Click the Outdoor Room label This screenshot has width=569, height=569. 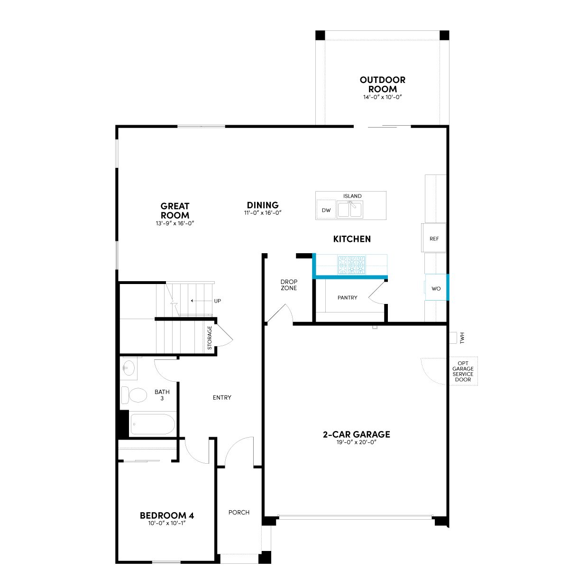coord(382,84)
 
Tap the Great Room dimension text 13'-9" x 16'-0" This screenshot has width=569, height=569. coord(175,223)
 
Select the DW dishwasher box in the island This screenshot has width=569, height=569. coord(326,210)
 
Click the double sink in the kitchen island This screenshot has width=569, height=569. coord(350,210)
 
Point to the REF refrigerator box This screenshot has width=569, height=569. coord(433,238)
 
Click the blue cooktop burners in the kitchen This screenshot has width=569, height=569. coord(351,265)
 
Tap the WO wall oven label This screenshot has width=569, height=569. coord(436,288)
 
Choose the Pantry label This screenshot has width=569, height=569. coord(347,298)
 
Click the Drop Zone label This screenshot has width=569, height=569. coord(289,285)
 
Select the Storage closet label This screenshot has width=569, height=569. coord(210,338)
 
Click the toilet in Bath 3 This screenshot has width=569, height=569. coord(134,395)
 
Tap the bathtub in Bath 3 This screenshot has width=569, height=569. coord(153,424)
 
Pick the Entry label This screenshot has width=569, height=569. coord(222,397)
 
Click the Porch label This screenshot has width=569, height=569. coord(239,512)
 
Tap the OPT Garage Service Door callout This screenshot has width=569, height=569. coord(463,371)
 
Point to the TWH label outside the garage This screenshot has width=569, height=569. coord(462,338)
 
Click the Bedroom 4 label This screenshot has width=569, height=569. coord(167,515)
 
